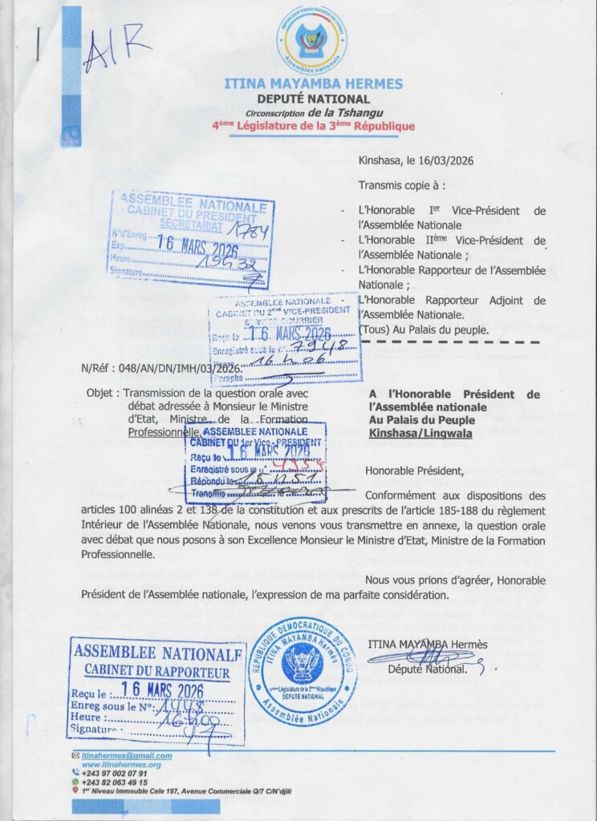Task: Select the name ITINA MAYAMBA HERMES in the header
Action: point(313,83)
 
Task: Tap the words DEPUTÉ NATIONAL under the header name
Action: point(313,99)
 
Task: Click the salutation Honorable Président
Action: point(414,470)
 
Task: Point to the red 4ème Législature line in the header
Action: point(313,126)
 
